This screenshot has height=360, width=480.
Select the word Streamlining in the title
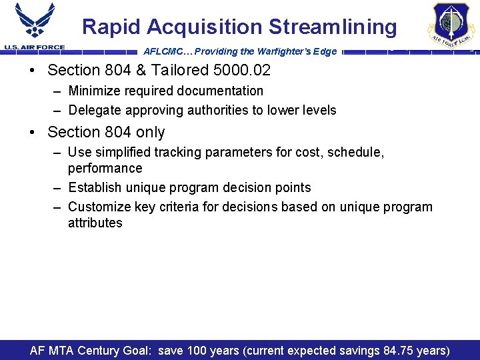point(333,27)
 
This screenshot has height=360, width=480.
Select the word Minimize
point(95,91)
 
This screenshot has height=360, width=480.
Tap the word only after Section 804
point(149,132)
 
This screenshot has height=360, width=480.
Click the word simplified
point(124,152)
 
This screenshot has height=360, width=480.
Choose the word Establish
point(95,187)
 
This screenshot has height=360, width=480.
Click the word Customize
point(99,207)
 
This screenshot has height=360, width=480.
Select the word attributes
point(95,223)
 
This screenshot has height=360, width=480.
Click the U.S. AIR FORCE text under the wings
point(35,47)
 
